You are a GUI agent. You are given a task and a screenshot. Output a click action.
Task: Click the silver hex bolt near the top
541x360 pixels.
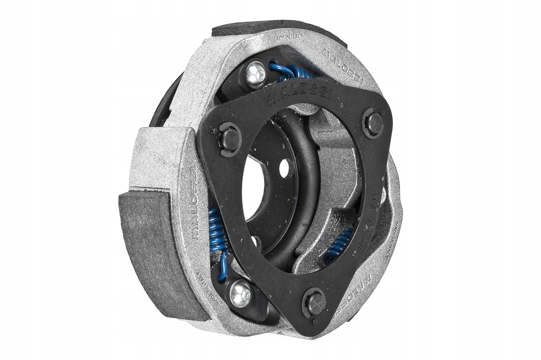pos(256,75)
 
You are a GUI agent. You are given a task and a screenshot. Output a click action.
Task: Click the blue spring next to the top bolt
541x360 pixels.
pos(289,71)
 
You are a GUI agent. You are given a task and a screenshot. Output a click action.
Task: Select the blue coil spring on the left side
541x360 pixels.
pos(217,232)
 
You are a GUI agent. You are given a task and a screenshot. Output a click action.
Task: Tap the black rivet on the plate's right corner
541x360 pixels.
pos(374,123)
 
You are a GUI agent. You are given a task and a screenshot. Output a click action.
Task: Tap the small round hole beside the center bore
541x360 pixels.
pos(284,169)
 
